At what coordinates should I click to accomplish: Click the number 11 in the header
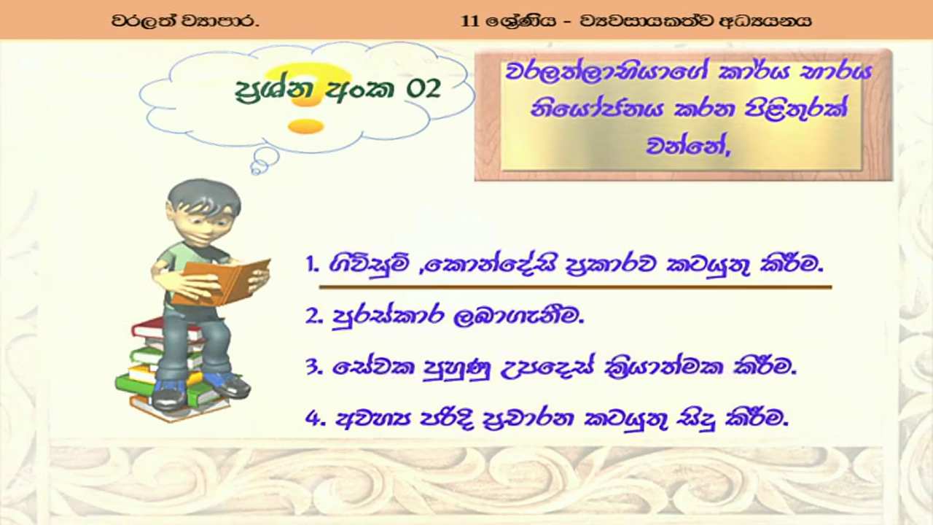click(x=470, y=20)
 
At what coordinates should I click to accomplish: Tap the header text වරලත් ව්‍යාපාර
click(x=185, y=21)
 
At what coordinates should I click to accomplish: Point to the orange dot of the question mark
click(x=305, y=126)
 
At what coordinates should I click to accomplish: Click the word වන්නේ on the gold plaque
click(x=687, y=145)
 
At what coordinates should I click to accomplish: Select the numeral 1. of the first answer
click(x=312, y=264)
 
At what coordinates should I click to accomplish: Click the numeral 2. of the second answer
click(x=314, y=316)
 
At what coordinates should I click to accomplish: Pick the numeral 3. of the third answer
click(x=314, y=367)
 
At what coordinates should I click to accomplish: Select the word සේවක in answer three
click(x=373, y=367)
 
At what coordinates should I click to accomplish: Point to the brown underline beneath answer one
click(x=575, y=287)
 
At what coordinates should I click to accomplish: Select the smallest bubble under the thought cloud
click(x=257, y=169)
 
